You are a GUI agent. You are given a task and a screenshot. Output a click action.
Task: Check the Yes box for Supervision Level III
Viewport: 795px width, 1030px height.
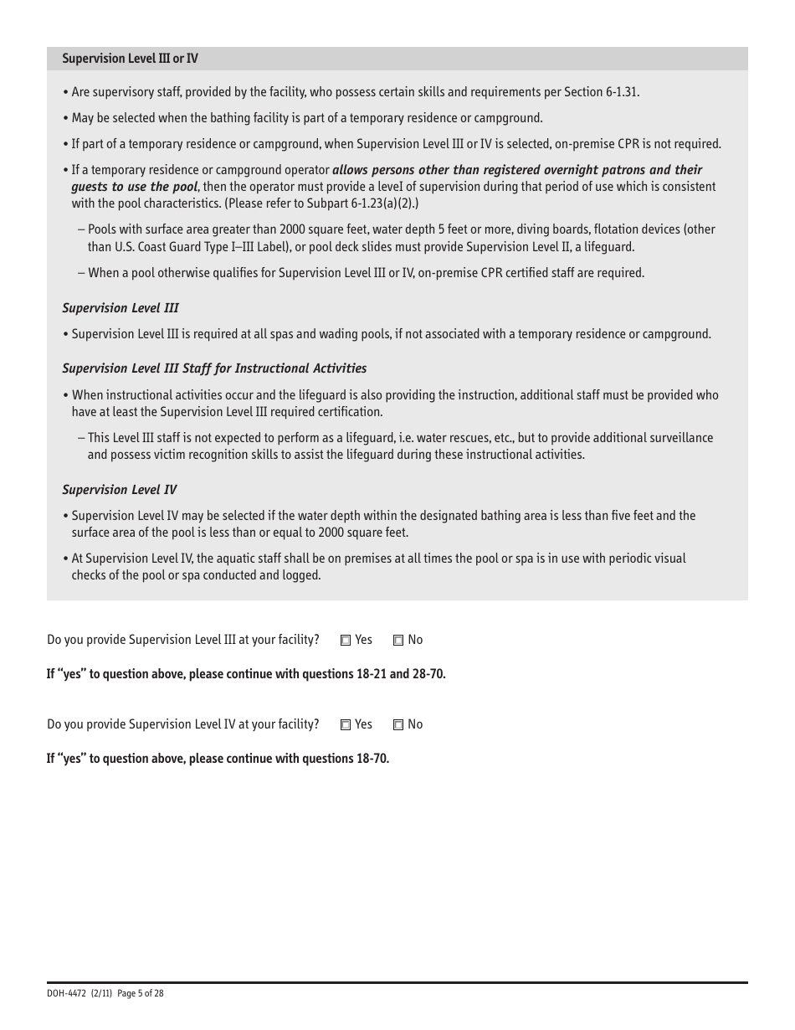point(346,641)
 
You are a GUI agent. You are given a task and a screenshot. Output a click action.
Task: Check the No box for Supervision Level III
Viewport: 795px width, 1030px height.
point(398,641)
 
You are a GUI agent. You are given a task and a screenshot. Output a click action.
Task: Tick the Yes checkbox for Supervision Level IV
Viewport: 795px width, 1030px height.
point(346,725)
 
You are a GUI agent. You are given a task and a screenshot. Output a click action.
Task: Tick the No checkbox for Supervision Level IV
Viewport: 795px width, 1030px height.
point(398,725)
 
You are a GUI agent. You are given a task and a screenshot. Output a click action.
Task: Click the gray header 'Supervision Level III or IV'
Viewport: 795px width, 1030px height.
point(130,59)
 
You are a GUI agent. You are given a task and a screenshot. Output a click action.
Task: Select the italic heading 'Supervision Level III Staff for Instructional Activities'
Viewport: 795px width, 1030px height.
point(214,368)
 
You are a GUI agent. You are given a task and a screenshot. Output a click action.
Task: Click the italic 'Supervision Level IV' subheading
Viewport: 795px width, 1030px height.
point(120,490)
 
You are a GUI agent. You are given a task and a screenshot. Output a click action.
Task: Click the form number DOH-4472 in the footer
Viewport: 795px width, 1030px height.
point(64,993)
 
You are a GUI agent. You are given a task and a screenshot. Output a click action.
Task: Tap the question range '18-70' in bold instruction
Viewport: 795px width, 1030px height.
point(371,759)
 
